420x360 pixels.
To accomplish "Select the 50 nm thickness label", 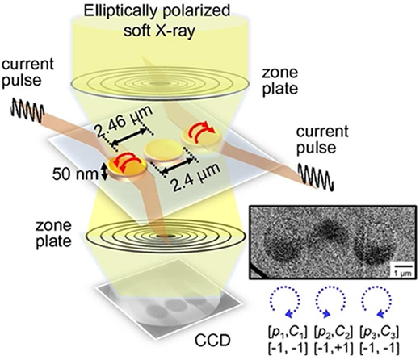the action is [75, 174].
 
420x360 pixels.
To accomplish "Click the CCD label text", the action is [212, 340].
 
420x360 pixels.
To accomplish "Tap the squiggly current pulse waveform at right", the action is [317, 177].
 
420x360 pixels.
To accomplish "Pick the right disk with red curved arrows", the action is [201, 136].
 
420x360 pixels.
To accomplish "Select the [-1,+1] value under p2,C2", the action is [334, 349].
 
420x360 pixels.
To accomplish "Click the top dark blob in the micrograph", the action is [330, 230].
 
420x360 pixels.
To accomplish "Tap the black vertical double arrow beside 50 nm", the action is [105, 172].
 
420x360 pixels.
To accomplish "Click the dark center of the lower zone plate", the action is [170, 236].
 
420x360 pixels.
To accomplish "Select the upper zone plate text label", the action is [280, 81].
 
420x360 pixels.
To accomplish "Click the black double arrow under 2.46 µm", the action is [128, 138].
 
